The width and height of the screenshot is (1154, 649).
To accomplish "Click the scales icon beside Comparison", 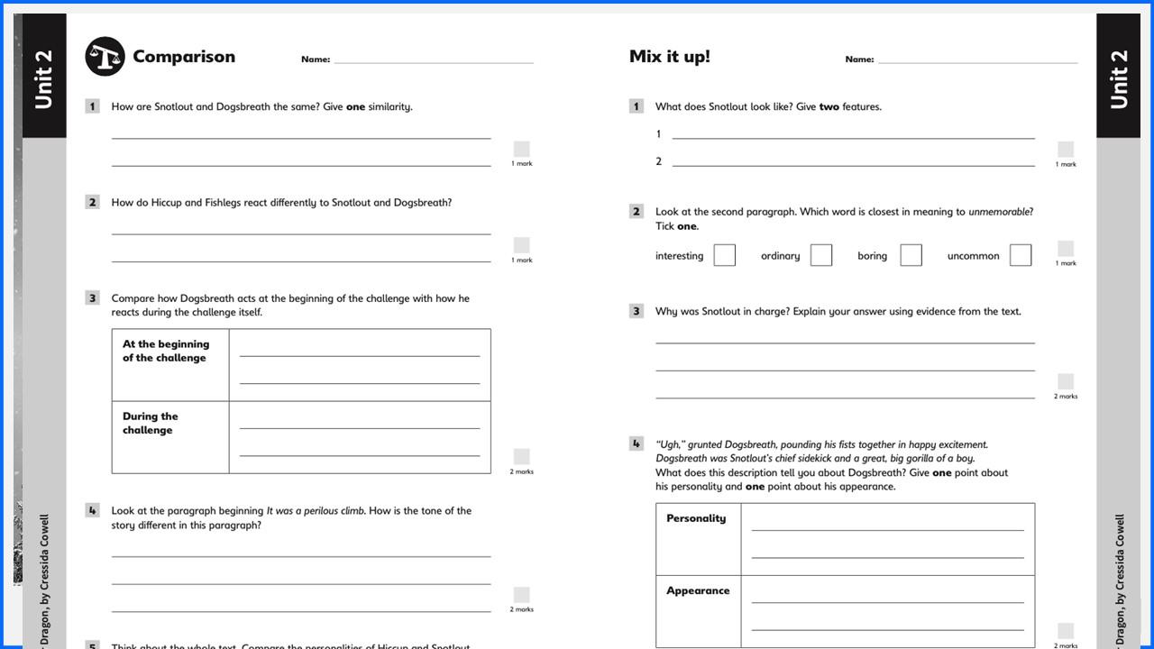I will pyautogui.click(x=105, y=57).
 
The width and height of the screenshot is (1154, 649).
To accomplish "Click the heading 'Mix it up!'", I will pyautogui.click(x=669, y=57).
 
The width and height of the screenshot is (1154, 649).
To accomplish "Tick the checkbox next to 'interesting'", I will pyautogui.click(x=724, y=256).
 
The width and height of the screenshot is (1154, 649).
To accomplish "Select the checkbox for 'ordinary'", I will pyautogui.click(x=820, y=256).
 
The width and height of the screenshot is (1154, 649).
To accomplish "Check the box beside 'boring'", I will pyautogui.click(x=911, y=256).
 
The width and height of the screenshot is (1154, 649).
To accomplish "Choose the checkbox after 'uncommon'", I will pyautogui.click(x=1020, y=256).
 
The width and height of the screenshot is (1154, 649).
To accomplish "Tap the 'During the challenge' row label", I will pyautogui.click(x=151, y=423).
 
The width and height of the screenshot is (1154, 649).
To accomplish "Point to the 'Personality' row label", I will pyautogui.click(x=695, y=518).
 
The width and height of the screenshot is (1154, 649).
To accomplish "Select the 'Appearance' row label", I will pyautogui.click(x=697, y=591).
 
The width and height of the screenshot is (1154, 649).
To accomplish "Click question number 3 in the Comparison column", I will pyautogui.click(x=92, y=298).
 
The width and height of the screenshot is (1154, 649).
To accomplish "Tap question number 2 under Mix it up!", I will pyautogui.click(x=636, y=212).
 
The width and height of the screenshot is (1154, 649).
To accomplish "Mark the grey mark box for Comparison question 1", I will pyautogui.click(x=521, y=149).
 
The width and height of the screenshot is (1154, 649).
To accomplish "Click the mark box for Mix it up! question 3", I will pyautogui.click(x=1066, y=381).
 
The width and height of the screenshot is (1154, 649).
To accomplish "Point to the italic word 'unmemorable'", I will pyautogui.click(x=999, y=212).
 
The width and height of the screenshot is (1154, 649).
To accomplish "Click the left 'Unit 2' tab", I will pyautogui.click(x=43, y=79).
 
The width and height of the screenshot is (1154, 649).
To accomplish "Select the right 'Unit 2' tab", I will pyautogui.click(x=1118, y=79).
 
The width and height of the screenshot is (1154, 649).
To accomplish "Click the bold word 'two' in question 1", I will pyautogui.click(x=829, y=106).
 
